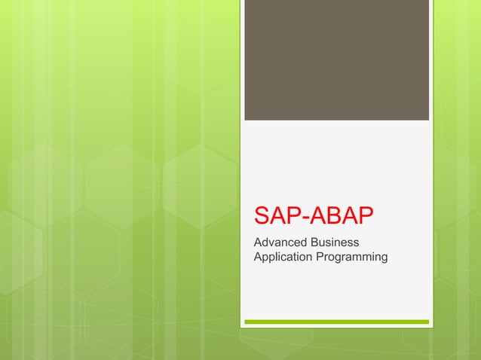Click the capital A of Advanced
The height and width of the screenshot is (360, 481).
pos(259,243)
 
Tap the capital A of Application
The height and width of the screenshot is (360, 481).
pos(259,258)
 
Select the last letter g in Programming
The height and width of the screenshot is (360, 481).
pos(384,259)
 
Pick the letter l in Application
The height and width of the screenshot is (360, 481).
pos(277,258)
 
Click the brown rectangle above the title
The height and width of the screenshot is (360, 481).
pos(336,60)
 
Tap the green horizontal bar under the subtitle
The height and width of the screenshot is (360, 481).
pos(336,322)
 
